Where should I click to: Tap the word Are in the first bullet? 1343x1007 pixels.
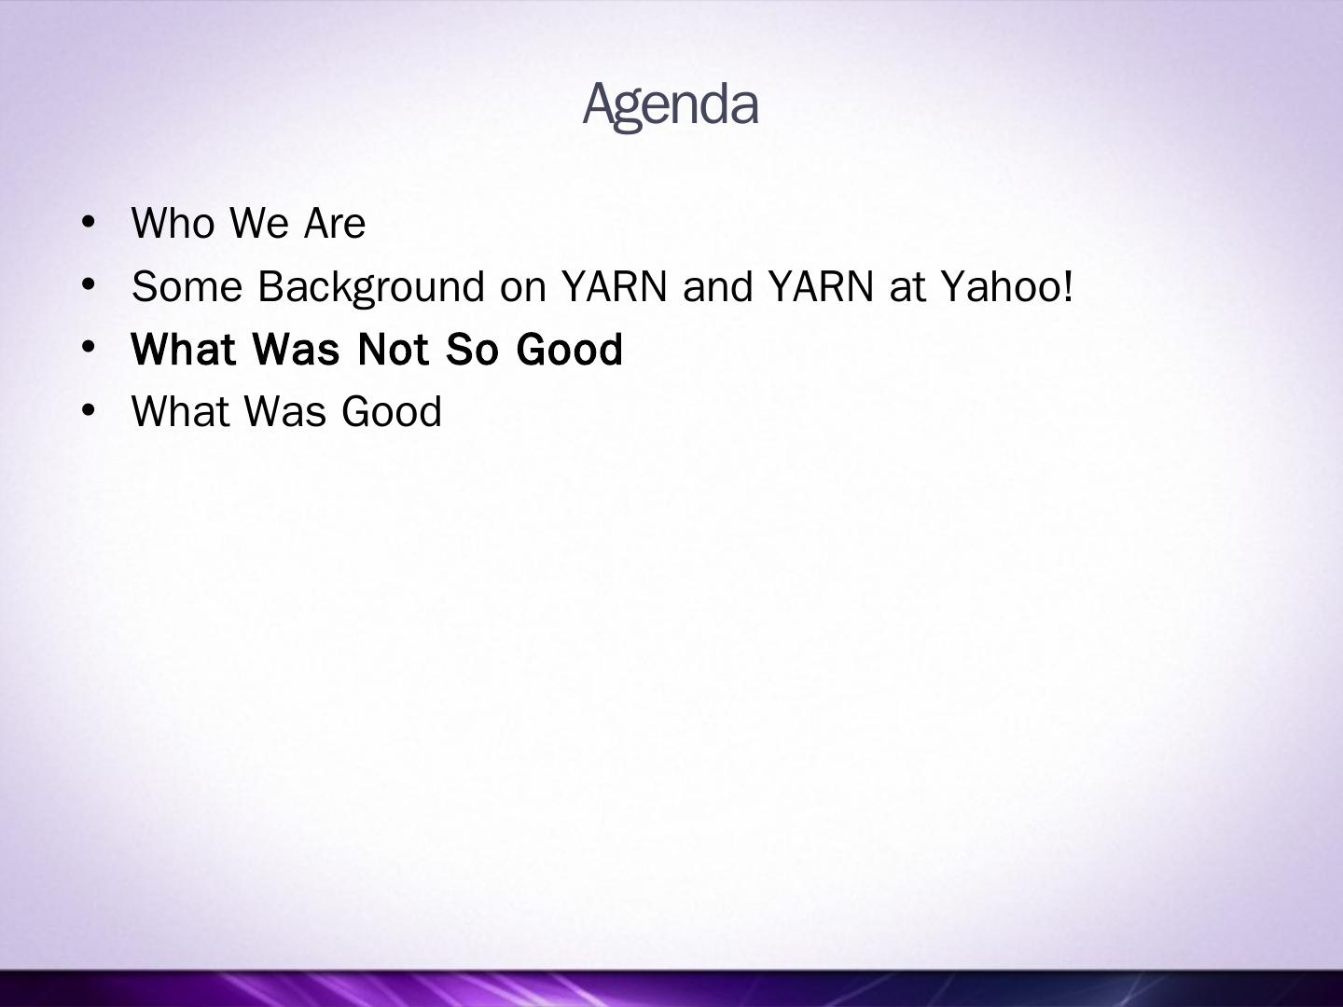335,223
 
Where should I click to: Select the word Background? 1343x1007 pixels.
371,287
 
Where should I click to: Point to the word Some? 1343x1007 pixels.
187,286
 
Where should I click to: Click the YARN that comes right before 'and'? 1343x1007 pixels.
615,286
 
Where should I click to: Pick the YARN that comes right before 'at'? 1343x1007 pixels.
821,286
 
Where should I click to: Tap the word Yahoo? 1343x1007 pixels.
1007,287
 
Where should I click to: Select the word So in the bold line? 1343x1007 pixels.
472,350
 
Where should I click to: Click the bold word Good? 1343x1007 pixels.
569,350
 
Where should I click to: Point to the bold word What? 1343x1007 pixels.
184,350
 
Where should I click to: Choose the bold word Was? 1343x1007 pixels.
297,350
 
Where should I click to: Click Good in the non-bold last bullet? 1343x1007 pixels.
392,411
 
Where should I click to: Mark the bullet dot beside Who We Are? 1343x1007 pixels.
89,223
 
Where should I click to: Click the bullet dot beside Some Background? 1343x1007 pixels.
89,285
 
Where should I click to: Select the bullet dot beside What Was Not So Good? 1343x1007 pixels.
89,348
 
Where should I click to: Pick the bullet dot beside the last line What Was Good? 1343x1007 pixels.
89,410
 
